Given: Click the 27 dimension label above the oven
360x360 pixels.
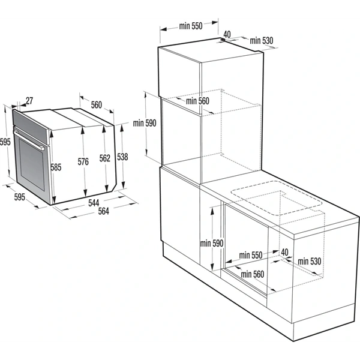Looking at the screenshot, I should point(29,101).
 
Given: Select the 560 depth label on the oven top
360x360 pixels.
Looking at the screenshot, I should point(97,105).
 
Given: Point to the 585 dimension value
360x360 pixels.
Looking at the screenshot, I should point(56,168).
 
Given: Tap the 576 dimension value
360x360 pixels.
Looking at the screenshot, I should point(83,161).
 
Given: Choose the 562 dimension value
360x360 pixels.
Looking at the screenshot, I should point(105,158).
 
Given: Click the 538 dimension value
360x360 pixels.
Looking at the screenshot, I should point(122,157).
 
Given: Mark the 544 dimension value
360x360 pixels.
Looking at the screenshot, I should point(94,202).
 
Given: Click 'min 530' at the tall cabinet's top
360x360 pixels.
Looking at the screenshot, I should point(262,41).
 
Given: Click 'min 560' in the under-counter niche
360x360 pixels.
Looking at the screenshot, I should point(251,274).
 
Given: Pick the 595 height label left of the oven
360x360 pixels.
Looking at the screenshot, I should point(5,142).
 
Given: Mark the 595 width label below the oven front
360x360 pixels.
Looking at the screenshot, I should point(19,196).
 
